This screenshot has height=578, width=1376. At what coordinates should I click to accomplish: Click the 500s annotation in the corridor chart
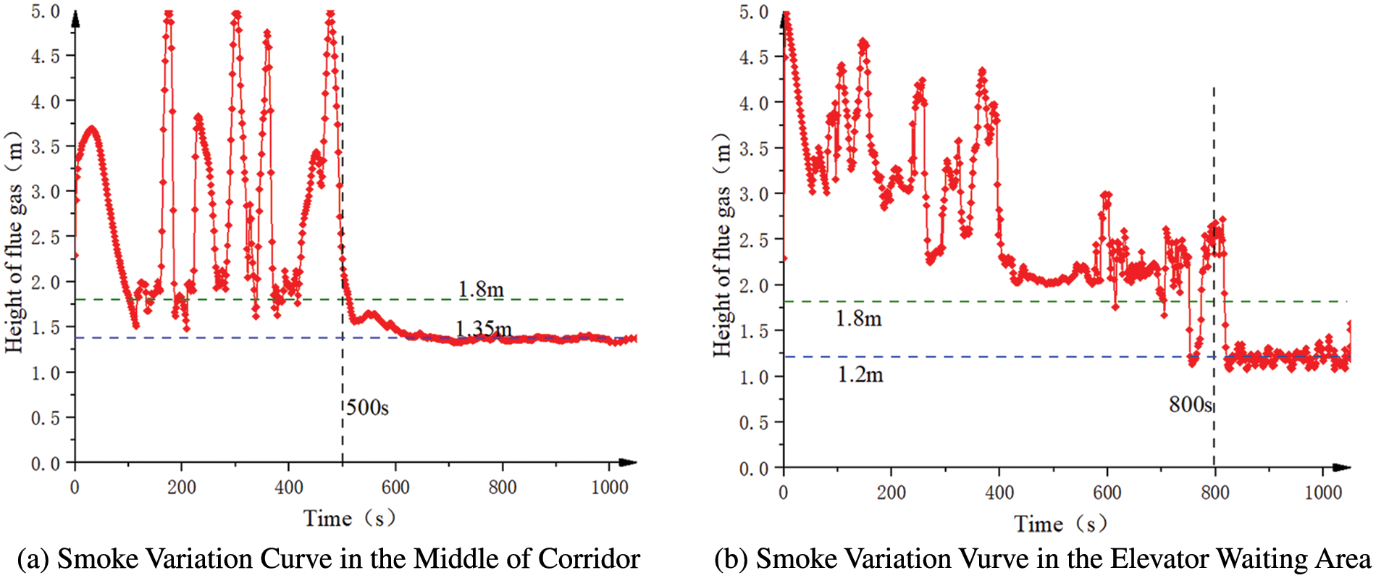(367, 408)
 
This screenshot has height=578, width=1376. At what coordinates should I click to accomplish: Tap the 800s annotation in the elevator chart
(1190, 404)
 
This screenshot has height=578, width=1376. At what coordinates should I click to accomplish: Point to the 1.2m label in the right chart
(860, 374)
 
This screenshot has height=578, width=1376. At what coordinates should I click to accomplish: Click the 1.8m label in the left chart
(481, 290)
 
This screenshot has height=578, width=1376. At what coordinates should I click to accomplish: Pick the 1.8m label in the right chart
(858, 319)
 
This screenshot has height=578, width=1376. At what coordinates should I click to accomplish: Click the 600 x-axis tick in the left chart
(395, 487)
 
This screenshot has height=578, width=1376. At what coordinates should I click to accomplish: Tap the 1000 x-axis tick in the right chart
(1322, 493)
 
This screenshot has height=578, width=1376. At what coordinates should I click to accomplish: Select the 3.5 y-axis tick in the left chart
(45, 146)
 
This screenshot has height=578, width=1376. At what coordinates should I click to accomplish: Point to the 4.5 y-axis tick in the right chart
(753, 57)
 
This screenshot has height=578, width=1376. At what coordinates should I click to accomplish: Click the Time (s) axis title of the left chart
(349, 519)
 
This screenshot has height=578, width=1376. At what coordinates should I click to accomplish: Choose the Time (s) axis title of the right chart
(1060, 524)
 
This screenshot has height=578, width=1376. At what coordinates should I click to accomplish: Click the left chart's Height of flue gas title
(14, 243)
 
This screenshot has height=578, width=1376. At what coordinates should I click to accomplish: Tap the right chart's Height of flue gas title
(722, 245)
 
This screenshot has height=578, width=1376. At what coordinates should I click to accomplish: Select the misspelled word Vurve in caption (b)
(996, 559)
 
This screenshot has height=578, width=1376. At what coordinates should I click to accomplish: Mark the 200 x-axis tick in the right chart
(891, 493)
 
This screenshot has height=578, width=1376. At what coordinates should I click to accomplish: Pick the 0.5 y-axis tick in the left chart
(45, 418)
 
